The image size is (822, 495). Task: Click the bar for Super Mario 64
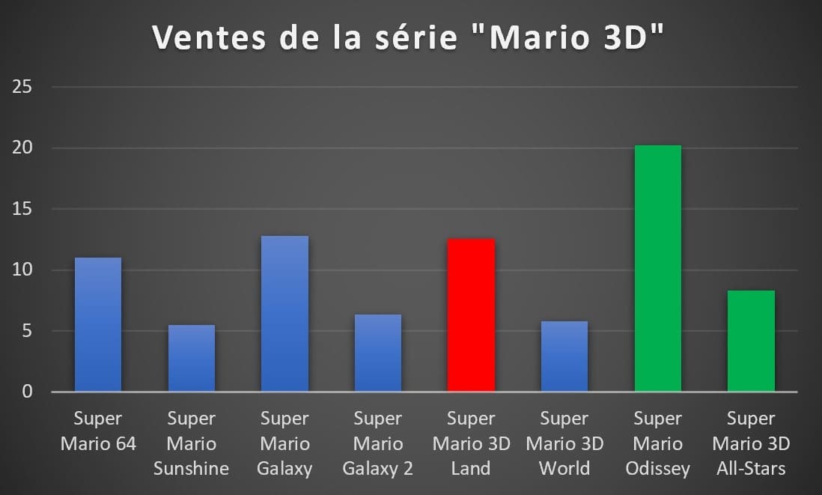click(98, 324)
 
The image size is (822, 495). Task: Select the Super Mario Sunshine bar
click(192, 358)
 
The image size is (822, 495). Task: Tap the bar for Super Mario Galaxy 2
click(377, 353)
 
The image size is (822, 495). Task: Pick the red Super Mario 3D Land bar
click(471, 315)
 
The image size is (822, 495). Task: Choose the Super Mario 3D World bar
click(564, 356)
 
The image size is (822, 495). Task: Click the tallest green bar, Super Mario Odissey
click(657, 268)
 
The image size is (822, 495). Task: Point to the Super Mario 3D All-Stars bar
click(751, 341)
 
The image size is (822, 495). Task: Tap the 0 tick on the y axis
click(26, 392)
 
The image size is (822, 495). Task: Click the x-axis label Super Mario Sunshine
click(192, 443)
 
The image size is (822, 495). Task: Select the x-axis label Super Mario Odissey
click(657, 443)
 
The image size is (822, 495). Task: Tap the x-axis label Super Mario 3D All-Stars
click(751, 443)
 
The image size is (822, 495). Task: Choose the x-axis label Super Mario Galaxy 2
click(377, 443)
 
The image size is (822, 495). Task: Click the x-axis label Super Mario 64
click(98, 431)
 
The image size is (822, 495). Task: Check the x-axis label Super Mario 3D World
click(564, 443)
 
